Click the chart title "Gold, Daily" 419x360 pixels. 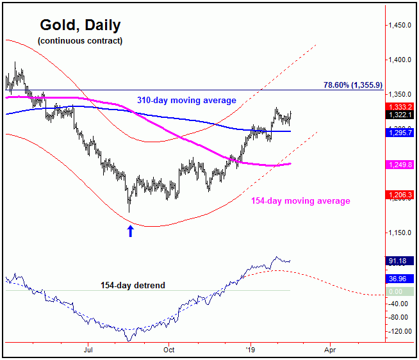(80, 25)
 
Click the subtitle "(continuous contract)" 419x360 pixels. (80, 41)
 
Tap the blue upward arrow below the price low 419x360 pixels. (131, 231)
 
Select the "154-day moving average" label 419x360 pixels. (300, 201)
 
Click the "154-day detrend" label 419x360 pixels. (133, 284)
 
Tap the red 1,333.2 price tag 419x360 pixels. (402, 106)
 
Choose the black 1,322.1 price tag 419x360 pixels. (402, 115)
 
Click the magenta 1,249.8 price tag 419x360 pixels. (402, 165)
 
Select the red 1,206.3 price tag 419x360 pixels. (402, 194)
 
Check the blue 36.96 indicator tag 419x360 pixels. (402, 279)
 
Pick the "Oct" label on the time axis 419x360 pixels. (168, 350)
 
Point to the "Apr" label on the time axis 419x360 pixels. (329, 350)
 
